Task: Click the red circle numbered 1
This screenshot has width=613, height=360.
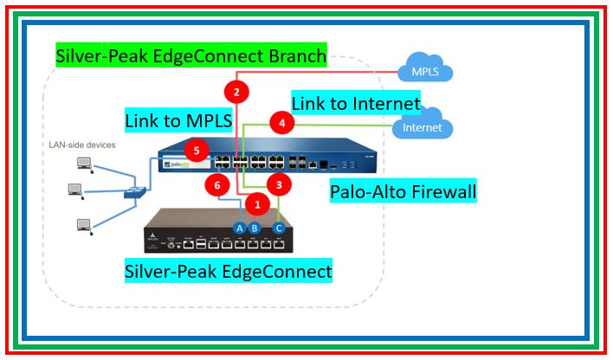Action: [256, 204]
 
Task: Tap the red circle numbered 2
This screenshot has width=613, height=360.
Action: [236, 90]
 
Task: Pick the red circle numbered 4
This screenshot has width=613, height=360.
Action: [282, 123]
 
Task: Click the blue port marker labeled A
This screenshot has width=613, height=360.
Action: [240, 228]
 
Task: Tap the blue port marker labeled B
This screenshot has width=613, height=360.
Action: [255, 228]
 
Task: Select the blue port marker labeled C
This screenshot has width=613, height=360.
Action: [278, 228]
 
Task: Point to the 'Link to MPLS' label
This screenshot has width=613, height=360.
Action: [178, 121]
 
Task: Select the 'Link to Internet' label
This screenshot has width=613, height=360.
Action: [355, 103]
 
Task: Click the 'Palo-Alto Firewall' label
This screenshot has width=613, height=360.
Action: [403, 191]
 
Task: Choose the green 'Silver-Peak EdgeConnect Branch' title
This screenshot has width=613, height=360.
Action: [190, 57]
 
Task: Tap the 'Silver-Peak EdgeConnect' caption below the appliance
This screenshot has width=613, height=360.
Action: [228, 271]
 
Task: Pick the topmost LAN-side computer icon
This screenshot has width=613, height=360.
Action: [84, 162]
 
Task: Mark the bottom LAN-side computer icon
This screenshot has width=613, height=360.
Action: [84, 226]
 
